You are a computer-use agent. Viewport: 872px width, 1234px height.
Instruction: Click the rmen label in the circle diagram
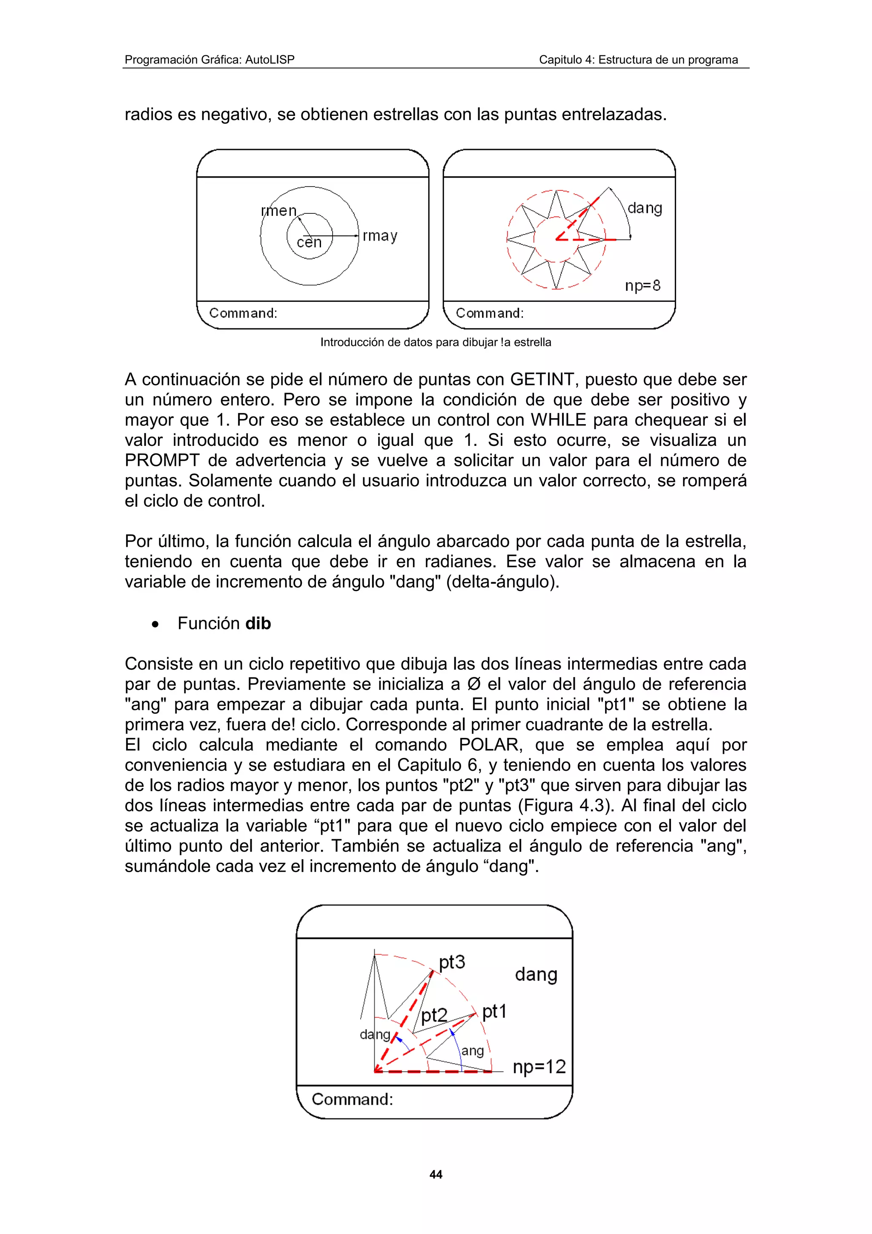(x=278, y=211)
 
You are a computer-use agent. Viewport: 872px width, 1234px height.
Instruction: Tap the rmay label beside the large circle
(x=380, y=236)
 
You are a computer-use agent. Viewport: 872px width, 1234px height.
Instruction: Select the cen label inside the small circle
(x=309, y=242)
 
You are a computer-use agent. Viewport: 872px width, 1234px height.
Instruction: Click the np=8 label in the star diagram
(x=642, y=285)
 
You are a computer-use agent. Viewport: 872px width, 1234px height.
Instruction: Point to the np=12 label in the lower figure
(x=539, y=1066)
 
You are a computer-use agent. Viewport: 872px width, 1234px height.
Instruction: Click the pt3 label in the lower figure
(x=451, y=961)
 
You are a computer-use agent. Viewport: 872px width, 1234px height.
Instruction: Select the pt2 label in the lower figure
(x=433, y=1015)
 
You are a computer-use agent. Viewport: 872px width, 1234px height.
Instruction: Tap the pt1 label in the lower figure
(x=494, y=1011)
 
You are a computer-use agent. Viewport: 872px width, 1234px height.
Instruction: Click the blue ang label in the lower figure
(x=472, y=1050)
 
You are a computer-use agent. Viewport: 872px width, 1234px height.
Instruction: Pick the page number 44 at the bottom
(x=436, y=1174)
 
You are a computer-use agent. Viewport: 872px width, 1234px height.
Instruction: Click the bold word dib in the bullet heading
(x=258, y=623)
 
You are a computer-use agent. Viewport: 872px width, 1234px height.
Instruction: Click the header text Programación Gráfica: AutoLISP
(x=209, y=60)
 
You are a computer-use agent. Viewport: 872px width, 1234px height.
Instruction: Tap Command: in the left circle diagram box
(x=243, y=313)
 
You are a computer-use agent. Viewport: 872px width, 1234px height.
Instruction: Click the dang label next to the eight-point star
(x=644, y=208)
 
